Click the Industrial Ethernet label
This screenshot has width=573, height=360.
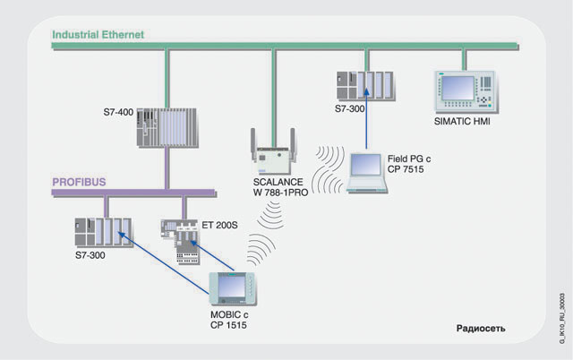tap(98, 35)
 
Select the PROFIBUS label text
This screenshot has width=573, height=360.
tap(79, 182)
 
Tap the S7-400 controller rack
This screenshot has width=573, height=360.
tap(166, 128)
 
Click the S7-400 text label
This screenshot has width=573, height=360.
tap(118, 113)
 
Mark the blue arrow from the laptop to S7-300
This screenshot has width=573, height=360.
tap(365, 121)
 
